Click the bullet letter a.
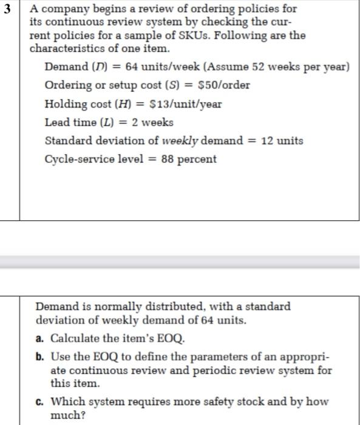click(39, 338)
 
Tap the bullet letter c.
click(39, 401)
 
